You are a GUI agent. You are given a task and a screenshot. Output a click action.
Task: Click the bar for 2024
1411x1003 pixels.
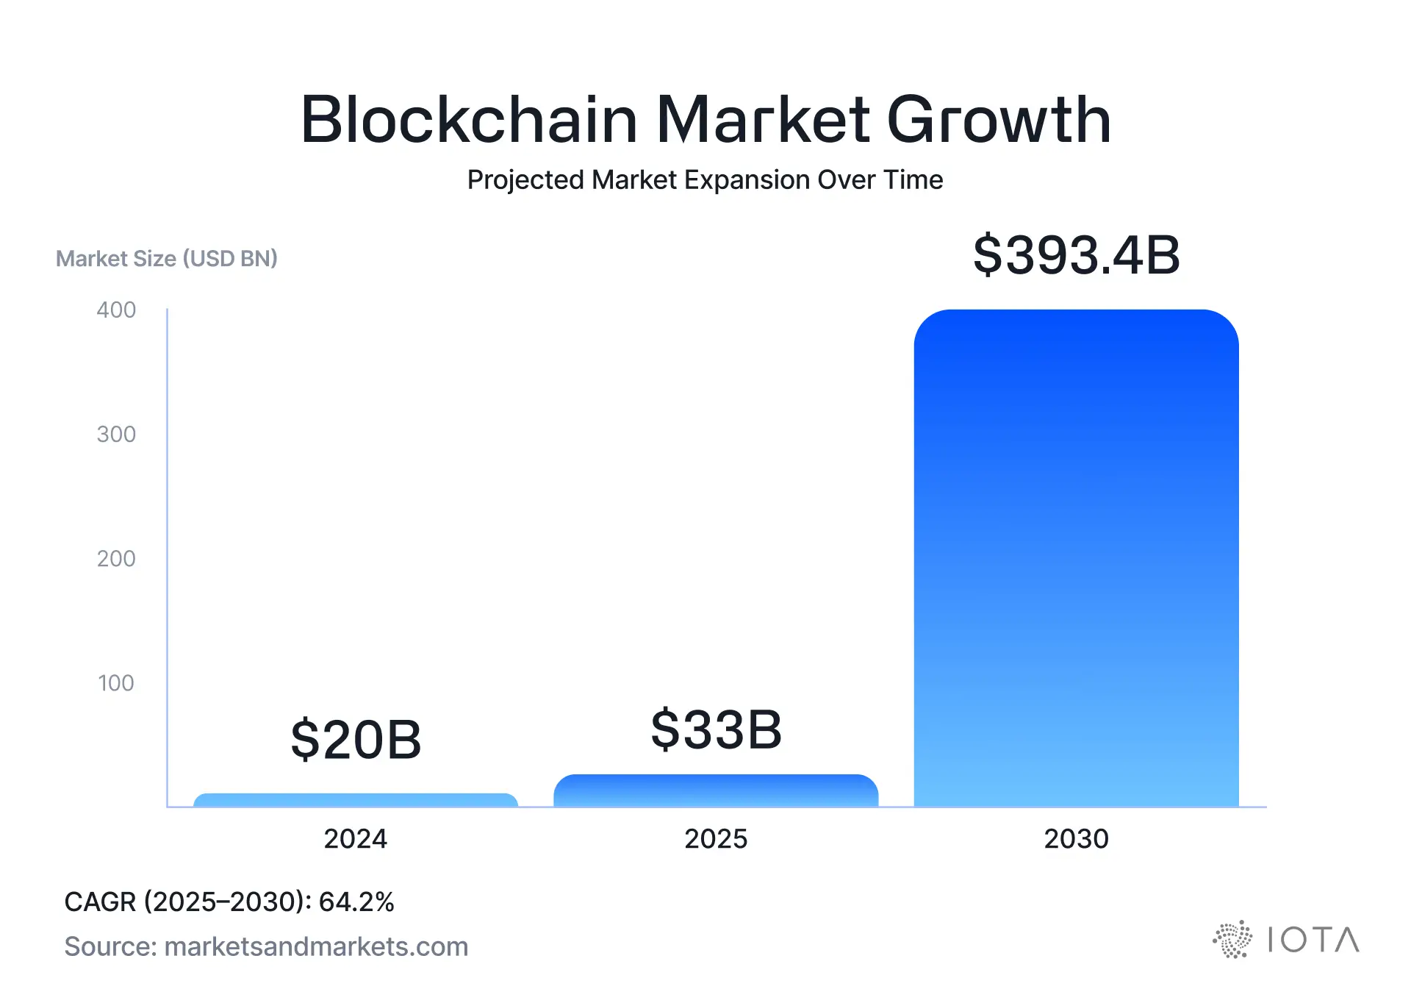(356, 800)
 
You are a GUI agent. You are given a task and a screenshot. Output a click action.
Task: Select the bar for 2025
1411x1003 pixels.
(716, 791)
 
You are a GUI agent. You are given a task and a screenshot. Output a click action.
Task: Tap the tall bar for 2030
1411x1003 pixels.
(1076, 559)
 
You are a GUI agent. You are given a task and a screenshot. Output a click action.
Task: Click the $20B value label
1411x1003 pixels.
(356, 740)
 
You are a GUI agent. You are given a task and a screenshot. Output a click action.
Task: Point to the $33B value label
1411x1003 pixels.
(716, 729)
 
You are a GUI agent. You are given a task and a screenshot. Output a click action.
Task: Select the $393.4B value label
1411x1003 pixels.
(1076, 256)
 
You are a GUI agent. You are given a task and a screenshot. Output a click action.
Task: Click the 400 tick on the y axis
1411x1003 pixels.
(116, 310)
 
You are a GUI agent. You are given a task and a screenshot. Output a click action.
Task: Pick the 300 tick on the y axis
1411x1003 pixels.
(116, 435)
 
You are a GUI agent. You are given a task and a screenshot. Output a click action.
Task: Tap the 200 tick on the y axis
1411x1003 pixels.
(116, 559)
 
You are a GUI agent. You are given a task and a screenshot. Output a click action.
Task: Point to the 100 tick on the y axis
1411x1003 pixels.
(116, 683)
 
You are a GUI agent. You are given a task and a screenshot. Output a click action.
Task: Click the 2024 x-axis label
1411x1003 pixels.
(356, 839)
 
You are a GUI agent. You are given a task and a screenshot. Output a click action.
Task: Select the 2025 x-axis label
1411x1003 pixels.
(716, 839)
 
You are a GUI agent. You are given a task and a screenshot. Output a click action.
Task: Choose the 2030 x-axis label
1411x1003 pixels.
(1076, 839)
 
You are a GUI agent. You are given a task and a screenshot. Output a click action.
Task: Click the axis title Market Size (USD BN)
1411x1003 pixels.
(167, 259)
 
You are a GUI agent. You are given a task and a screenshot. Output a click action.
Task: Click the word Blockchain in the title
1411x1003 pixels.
(469, 119)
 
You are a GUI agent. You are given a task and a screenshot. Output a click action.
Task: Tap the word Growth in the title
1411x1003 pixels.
(999, 119)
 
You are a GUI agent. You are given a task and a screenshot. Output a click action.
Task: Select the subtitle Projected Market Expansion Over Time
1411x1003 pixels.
(705, 180)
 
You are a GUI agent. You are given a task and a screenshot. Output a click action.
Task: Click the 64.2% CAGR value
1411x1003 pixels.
(356, 902)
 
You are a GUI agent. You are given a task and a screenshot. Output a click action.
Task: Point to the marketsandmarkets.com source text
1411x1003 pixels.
(316, 947)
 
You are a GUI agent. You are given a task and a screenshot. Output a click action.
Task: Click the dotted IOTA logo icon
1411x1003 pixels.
(1232, 940)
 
